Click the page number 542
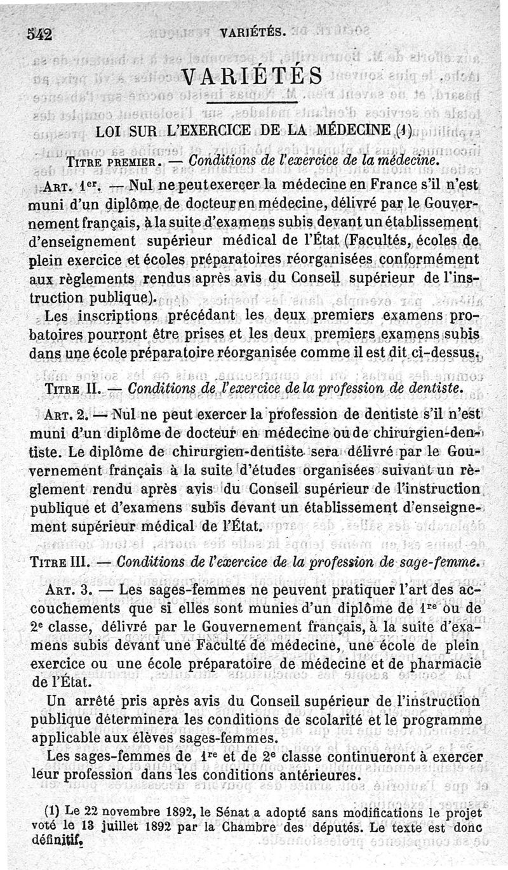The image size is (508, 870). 39,35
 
